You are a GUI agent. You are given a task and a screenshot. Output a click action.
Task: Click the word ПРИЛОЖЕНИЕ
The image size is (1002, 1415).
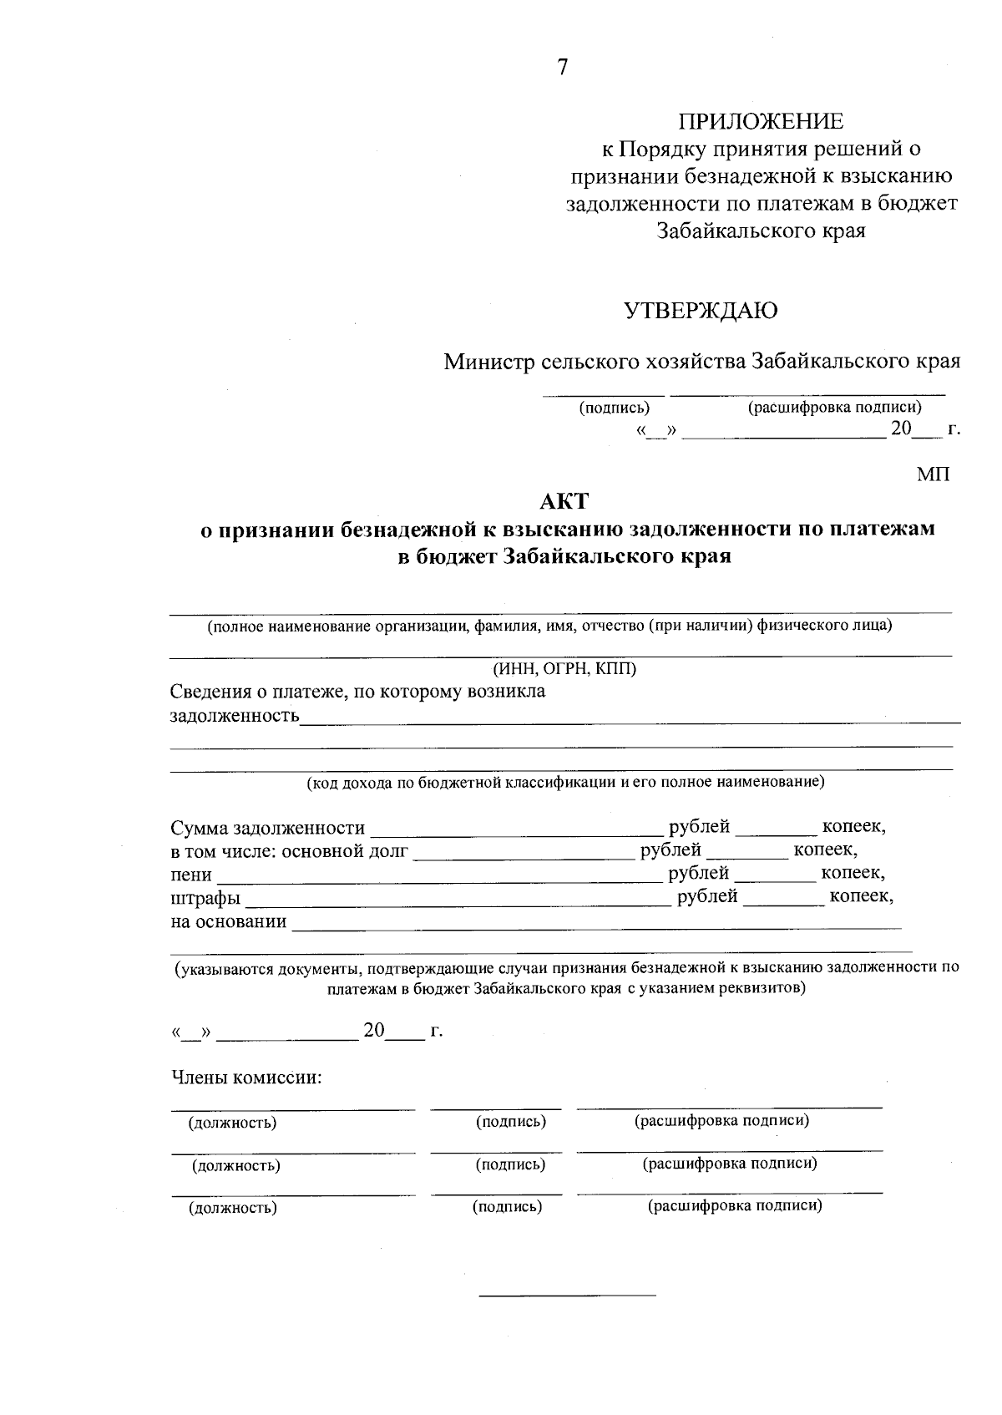pos(761,122)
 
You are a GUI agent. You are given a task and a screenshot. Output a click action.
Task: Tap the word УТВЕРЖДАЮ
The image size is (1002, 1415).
pos(701,311)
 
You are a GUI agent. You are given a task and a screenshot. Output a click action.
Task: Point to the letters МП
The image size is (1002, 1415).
pos(934,475)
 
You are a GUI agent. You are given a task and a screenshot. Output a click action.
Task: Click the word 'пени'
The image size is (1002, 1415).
pos(191,875)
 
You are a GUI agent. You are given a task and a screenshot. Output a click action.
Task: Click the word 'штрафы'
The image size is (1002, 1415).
pos(205,899)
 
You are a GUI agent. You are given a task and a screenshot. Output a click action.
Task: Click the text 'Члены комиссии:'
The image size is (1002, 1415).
pos(246,1078)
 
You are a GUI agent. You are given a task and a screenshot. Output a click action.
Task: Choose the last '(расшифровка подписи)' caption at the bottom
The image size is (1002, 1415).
pos(735,1205)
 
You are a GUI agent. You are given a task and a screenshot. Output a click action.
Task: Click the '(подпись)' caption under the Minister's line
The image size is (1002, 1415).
pos(614,408)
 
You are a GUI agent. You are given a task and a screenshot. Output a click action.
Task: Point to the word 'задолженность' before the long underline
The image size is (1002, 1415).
pos(235,716)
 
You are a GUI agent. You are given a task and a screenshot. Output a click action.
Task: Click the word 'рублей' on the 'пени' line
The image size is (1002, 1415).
pos(698,873)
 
